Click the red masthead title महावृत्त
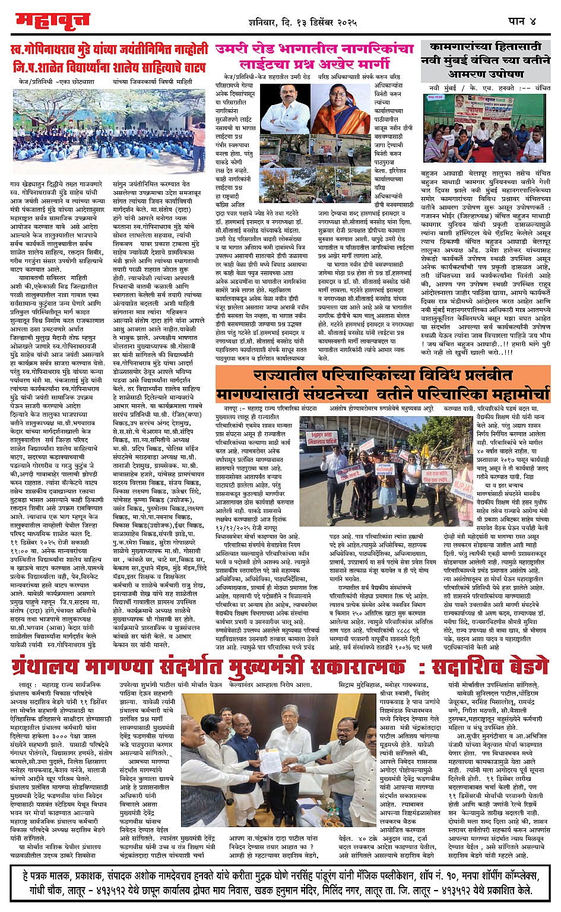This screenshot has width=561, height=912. coord(52,22)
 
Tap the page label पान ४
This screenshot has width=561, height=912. coord(522,21)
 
